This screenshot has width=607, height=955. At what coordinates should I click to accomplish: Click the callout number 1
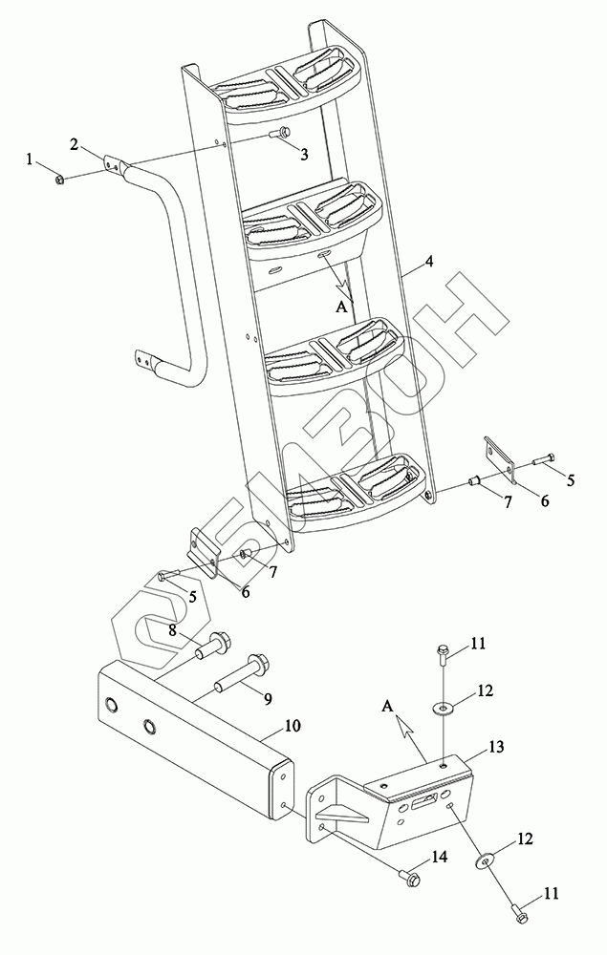coord(29,159)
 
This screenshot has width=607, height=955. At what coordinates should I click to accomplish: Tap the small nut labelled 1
coord(60,180)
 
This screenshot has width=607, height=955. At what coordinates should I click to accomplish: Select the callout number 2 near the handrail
coord(74,144)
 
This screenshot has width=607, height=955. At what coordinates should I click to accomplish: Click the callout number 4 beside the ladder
coord(429,262)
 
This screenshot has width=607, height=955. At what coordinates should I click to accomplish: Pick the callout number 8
coord(173,630)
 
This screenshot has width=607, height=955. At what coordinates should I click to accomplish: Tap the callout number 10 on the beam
coord(293,726)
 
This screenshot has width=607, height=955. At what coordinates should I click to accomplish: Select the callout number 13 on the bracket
coord(496,746)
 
